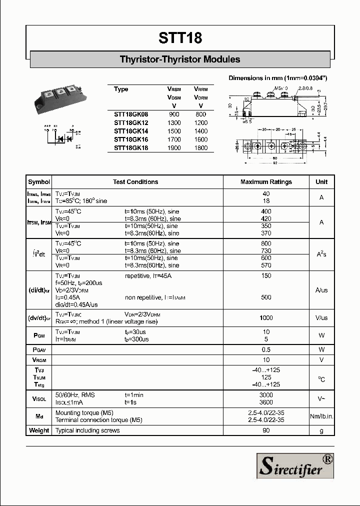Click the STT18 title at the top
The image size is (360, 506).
pyautogui.click(x=180, y=38)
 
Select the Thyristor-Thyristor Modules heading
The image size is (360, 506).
pyautogui.click(x=180, y=59)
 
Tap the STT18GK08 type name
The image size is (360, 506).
pyautogui.click(x=131, y=114)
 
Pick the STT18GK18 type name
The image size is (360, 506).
pyautogui.click(x=131, y=148)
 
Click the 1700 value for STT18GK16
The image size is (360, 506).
pyautogui.click(x=174, y=139)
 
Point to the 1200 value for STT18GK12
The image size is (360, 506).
pyautogui.click(x=200, y=123)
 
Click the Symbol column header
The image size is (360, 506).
pyautogui.click(x=39, y=182)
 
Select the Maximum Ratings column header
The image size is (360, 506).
pyautogui.click(x=266, y=182)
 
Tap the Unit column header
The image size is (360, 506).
pyautogui.click(x=321, y=182)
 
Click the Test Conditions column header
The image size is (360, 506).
pyautogui.click(x=135, y=182)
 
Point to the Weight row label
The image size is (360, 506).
pyautogui.click(x=39, y=430)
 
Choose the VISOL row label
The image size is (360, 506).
pyautogui.click(x=39, y=398)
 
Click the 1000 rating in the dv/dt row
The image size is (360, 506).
pyautogui.click(x=266, y=318)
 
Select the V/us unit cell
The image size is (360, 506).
pyautogui.click(x=321, y=318)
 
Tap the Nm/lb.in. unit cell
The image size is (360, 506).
pyautogui.click(x=321, y=416)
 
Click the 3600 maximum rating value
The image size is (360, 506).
pyautogui.click(x=266, y=402)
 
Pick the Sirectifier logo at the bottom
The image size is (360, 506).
pyautogui.click(x=295, y=465)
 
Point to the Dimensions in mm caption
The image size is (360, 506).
pyautogui.click(x=278, y=78)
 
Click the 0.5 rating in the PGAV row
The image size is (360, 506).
pyautogui.click(x=266, y=349)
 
